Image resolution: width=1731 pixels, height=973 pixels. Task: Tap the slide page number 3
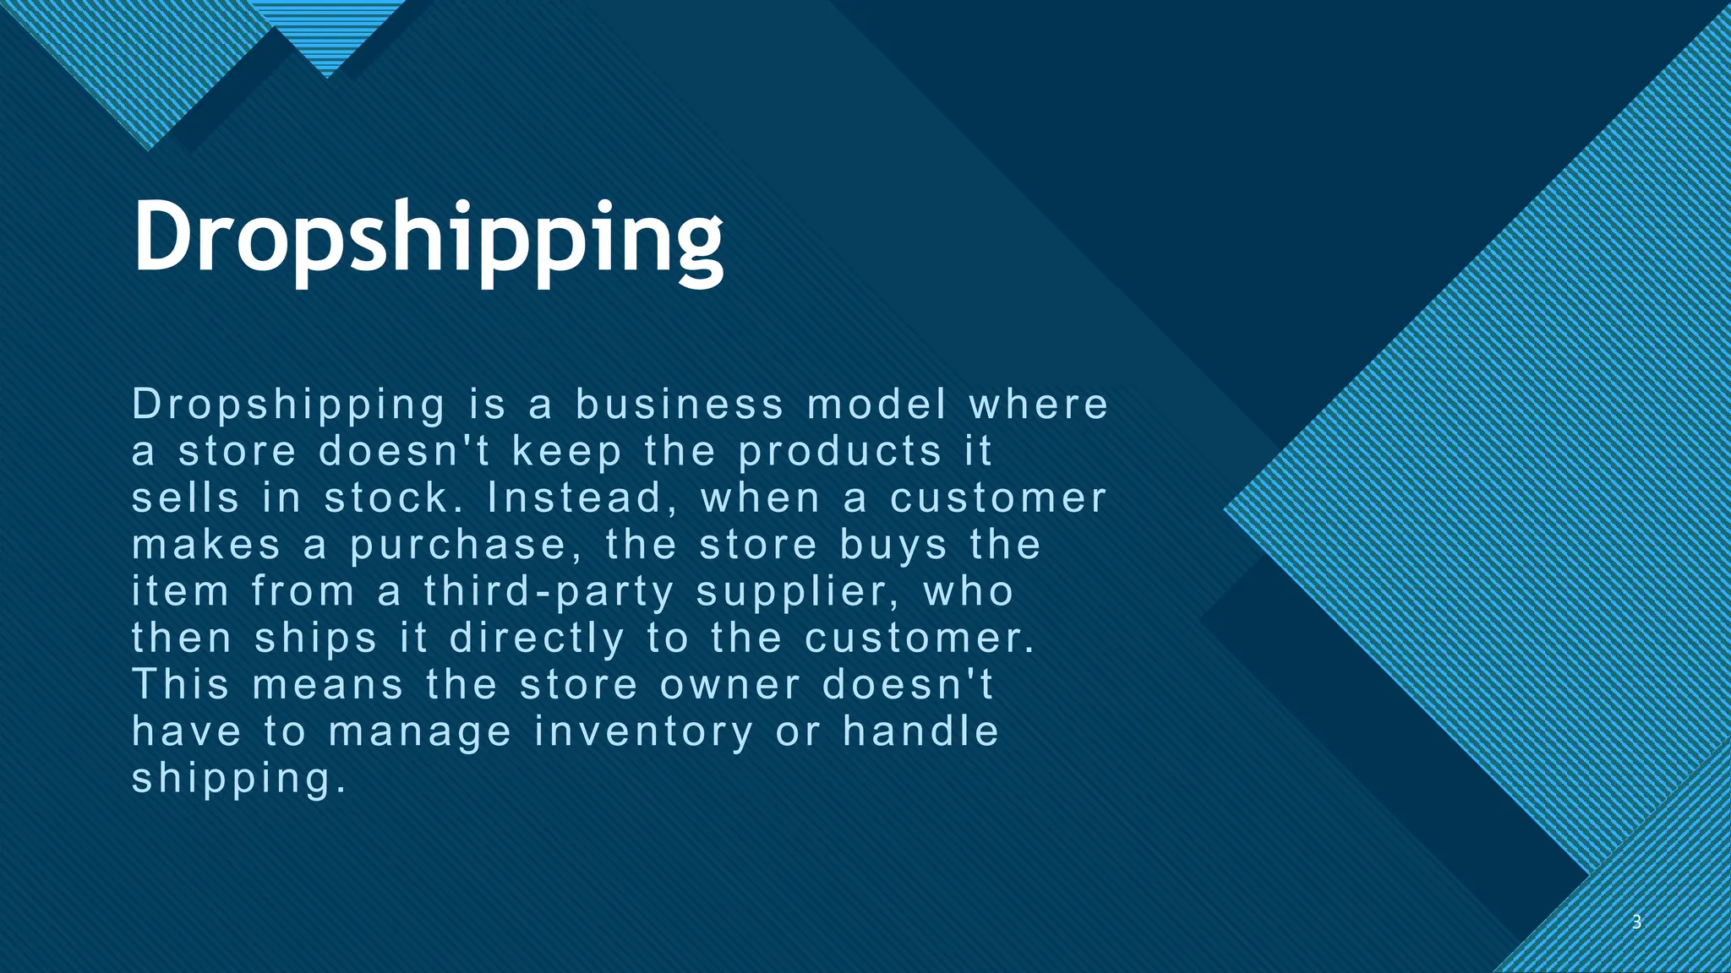pos(1636,922)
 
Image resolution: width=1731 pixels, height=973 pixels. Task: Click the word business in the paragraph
pos(680,405)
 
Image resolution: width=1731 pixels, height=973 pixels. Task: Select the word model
pos(876,405)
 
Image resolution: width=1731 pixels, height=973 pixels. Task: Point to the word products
pos(840,452)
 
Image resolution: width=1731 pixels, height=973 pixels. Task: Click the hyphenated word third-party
pos(549,591)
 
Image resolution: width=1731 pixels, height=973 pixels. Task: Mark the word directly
pos(538,639)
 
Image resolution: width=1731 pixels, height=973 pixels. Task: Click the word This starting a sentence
pos(181,683)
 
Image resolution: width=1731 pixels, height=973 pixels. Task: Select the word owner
pos(730,684)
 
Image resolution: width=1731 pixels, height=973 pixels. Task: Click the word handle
pos(921,731)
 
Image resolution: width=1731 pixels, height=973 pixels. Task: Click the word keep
pos(567,452)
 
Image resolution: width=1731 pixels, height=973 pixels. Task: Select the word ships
pos(316,639)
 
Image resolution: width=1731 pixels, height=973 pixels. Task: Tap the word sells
pos(186,497)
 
